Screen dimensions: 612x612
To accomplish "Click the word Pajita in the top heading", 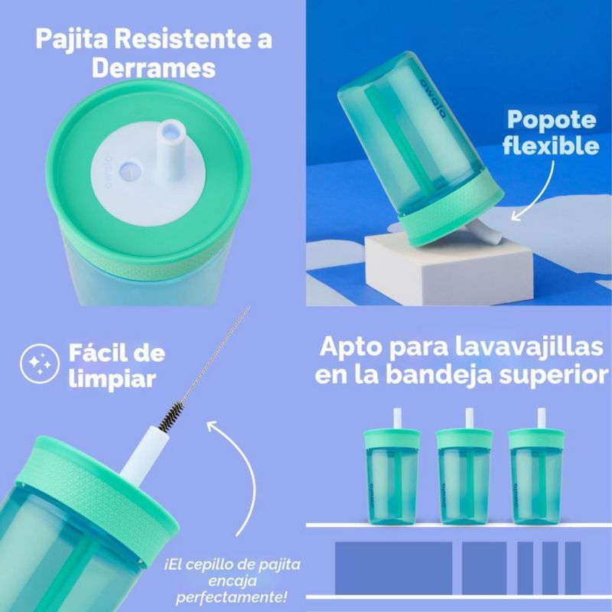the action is click(x=71, y=40).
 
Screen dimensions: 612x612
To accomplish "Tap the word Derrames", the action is click(x=154, y=68).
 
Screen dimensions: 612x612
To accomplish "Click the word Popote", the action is click(x=552, y=120).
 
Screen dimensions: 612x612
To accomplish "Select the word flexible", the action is click(x=551, y=145).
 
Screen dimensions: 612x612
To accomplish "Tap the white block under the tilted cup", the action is click(x=449, y=269).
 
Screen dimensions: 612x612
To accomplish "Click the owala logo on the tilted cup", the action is click(x=432, y=99).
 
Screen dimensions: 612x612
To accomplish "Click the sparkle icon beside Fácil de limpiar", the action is click(x=40, y=364).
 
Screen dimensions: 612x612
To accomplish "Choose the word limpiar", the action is click(x=112, y=379).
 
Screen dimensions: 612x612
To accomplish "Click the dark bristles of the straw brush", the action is click(x=171, y=416).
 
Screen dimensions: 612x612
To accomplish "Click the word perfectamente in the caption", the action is click(x=232, y=597).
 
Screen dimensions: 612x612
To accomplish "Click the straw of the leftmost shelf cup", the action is click(x=398, y=418).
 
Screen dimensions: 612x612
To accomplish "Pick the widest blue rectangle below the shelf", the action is click(x=393, y=568).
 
